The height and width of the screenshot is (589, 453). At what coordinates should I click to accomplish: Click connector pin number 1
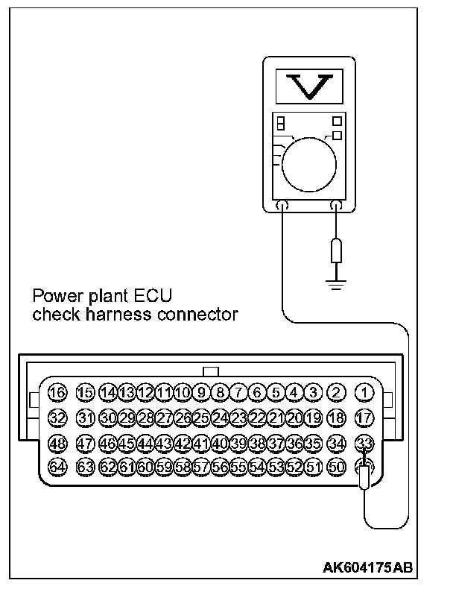[364, 392]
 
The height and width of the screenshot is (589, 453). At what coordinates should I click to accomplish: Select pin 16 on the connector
[57, 392]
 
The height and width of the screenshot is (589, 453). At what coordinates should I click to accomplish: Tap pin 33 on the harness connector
[364, 444]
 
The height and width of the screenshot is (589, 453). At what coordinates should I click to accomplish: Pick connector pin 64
[57, 467]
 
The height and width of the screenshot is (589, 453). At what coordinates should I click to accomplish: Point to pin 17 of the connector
[364, 418]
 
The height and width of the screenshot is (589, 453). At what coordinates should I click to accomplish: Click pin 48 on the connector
[57, 444]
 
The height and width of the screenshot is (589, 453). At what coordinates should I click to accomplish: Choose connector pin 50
[337, 467]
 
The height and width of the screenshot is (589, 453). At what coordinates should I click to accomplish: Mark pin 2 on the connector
[337, 392]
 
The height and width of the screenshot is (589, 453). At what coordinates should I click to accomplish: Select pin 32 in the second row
[57, 418]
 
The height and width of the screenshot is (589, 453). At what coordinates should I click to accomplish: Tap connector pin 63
[86, 467]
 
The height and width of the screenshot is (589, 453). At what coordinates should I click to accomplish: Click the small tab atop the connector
[211, 371]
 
